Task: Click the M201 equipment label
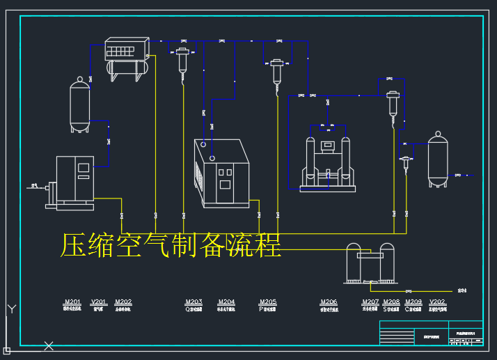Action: click(x=72, y=302)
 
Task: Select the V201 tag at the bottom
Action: click(x=99, y=302)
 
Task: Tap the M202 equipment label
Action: click(x=123, y=302)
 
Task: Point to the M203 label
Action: click(x=194, y=302)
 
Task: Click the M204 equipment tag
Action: click(x=226, y=302)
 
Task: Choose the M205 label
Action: click(x=267, y=302)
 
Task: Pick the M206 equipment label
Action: click(x=329, y=302)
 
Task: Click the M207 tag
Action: click(x=370, y=302)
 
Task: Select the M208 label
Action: click(x=391, y=302)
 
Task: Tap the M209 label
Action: click(x=413, y=302)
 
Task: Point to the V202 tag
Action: click(x=438, y=302)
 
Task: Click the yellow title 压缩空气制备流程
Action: click(x=171, y=246)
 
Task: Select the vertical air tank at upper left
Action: click(x=80, y=107)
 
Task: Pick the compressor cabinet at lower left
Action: click(x=74, y=181)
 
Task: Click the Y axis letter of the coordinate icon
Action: click(x=10, y=309)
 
